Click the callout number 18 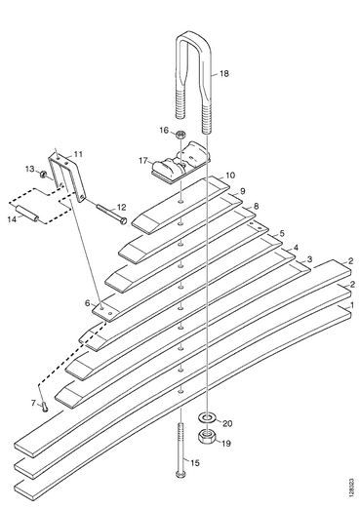224,74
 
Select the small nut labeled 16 180,134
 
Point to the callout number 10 230,176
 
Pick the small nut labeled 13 43,175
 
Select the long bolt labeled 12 111,214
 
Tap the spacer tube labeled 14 27,213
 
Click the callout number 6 87,303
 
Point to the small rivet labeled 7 44,406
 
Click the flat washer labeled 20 206,417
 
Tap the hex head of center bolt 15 180,474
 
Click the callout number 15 194,463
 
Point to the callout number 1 351,305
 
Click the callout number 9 243,191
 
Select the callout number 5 282,233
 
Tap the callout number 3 309,259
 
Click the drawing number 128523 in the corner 351,488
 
